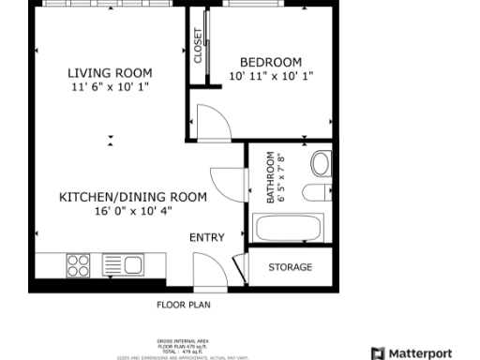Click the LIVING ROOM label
[110, 72]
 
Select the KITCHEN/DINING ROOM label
[132, 197]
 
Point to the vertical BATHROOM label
[271, 178]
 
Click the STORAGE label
[290, 267]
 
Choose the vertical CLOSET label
[199, 46]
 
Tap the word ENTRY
[207, 237]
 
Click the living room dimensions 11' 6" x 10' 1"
[110, 86]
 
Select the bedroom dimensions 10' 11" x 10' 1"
[272, 76]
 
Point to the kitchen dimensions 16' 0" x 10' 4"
[132, 211]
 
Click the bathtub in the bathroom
[289, 228]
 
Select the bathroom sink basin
[321, 164]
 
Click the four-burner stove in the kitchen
[79, 265]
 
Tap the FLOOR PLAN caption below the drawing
[183, 305]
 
